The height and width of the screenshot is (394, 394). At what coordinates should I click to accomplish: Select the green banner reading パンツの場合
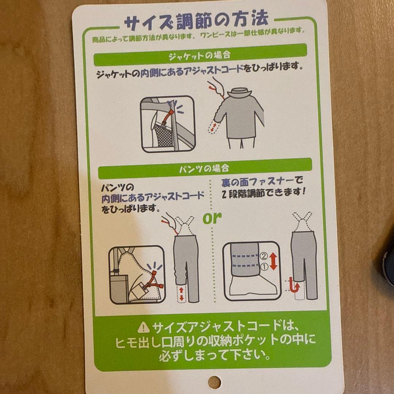point(204,168)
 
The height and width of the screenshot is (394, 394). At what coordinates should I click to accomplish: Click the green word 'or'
point(212,218)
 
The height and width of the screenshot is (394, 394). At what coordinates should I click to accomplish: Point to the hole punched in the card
point(214,382)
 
